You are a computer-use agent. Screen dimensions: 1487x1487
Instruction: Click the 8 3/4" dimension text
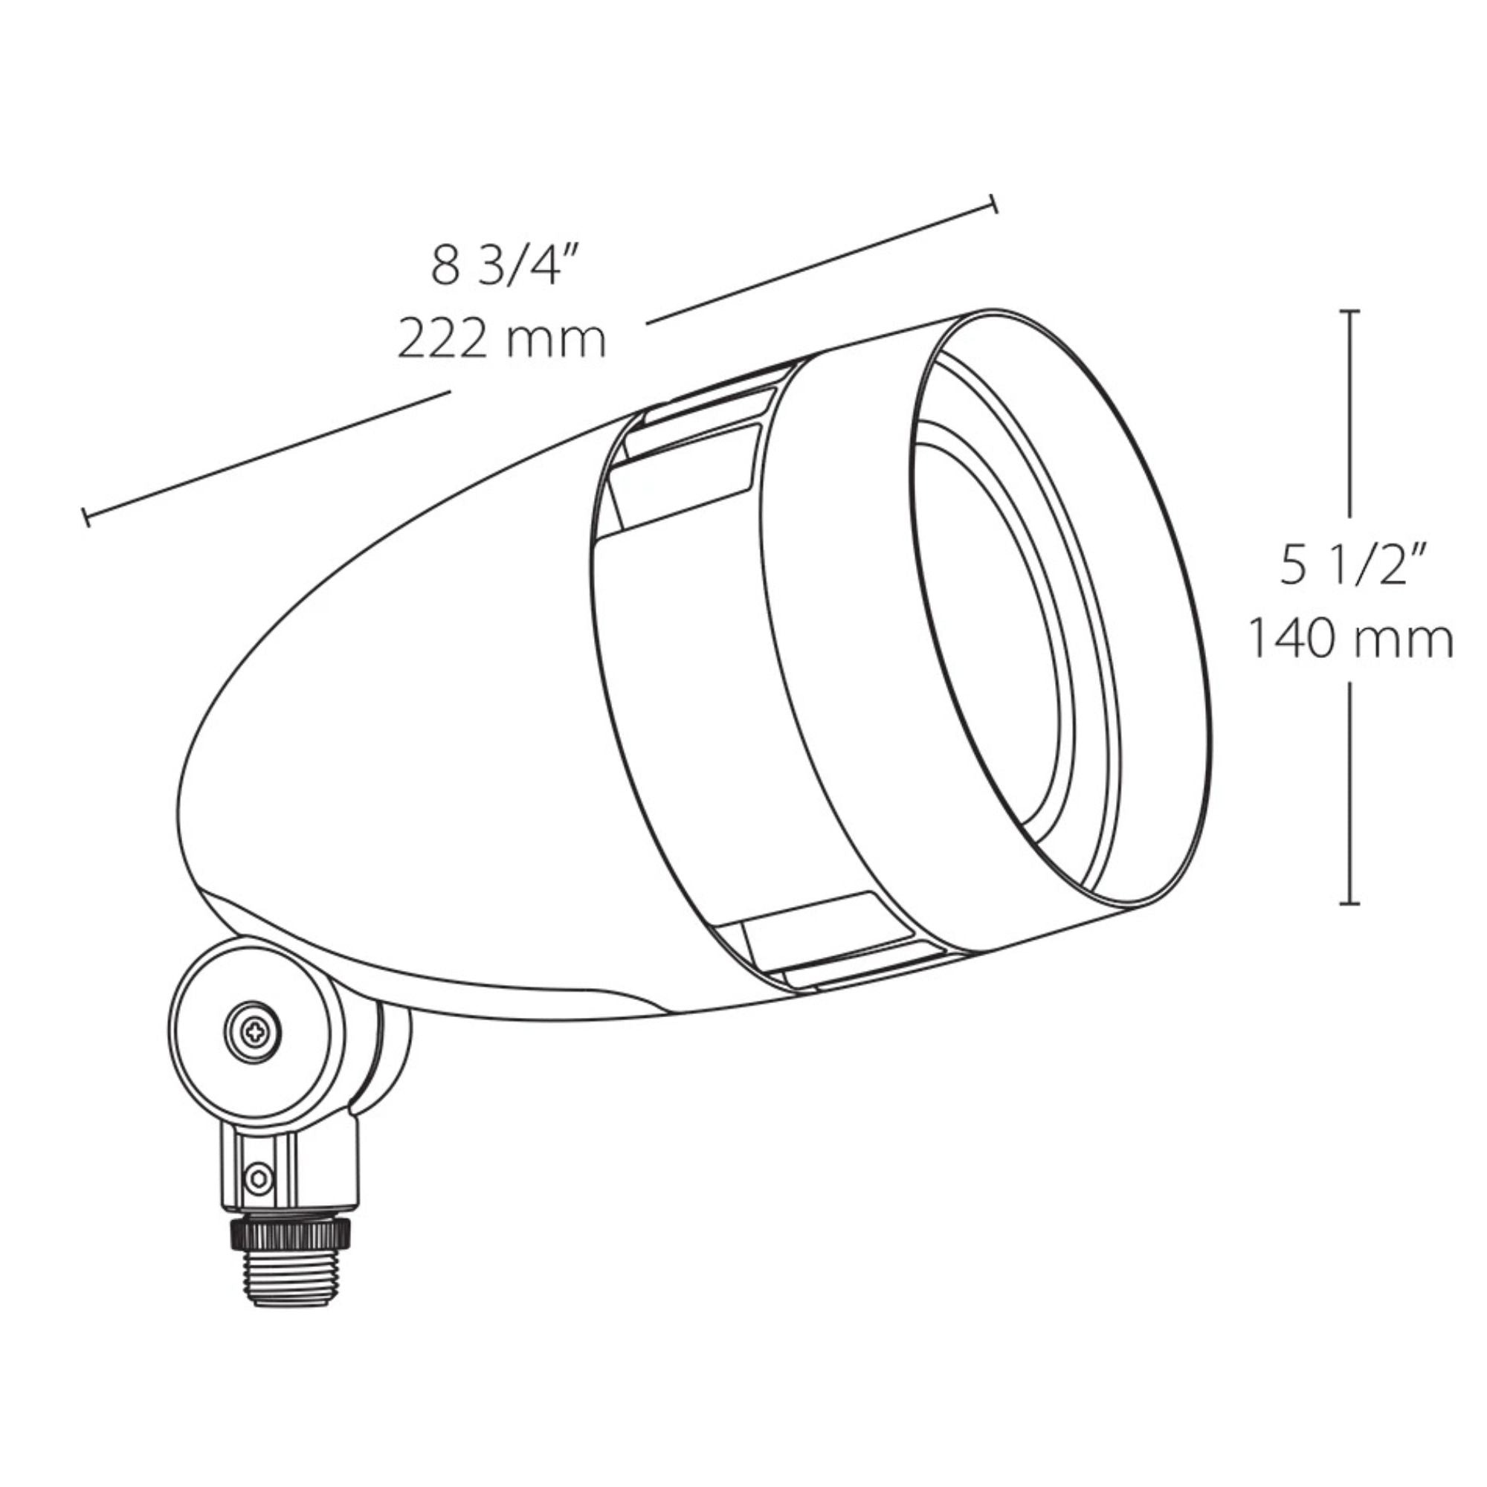pyautogui.click(x=504, y=265)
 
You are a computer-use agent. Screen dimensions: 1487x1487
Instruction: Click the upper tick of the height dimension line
pyautogui.click(x=1349, y=311)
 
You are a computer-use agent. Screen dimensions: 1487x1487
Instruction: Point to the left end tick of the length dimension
pyautogui.click(x=86, y=517)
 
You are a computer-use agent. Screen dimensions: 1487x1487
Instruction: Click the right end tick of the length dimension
pyautogui.click(x=993, y=203)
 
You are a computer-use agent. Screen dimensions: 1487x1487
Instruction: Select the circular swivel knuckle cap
pyautogui.click(x=253, y=1031)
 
